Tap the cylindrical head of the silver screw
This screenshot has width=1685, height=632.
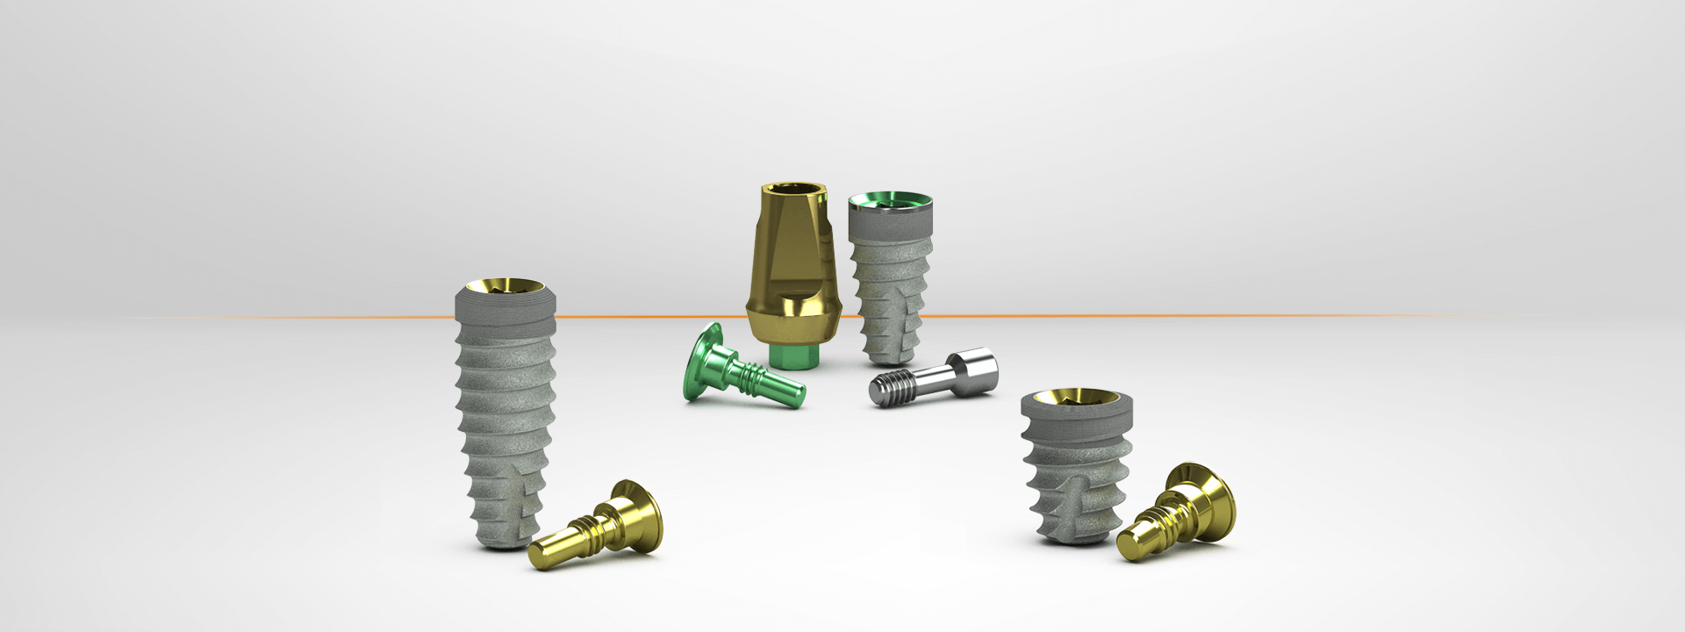pyautogui.click(x=978, y=364)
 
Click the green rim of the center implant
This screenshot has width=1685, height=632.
pyautogui.click(x=886, y=204)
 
